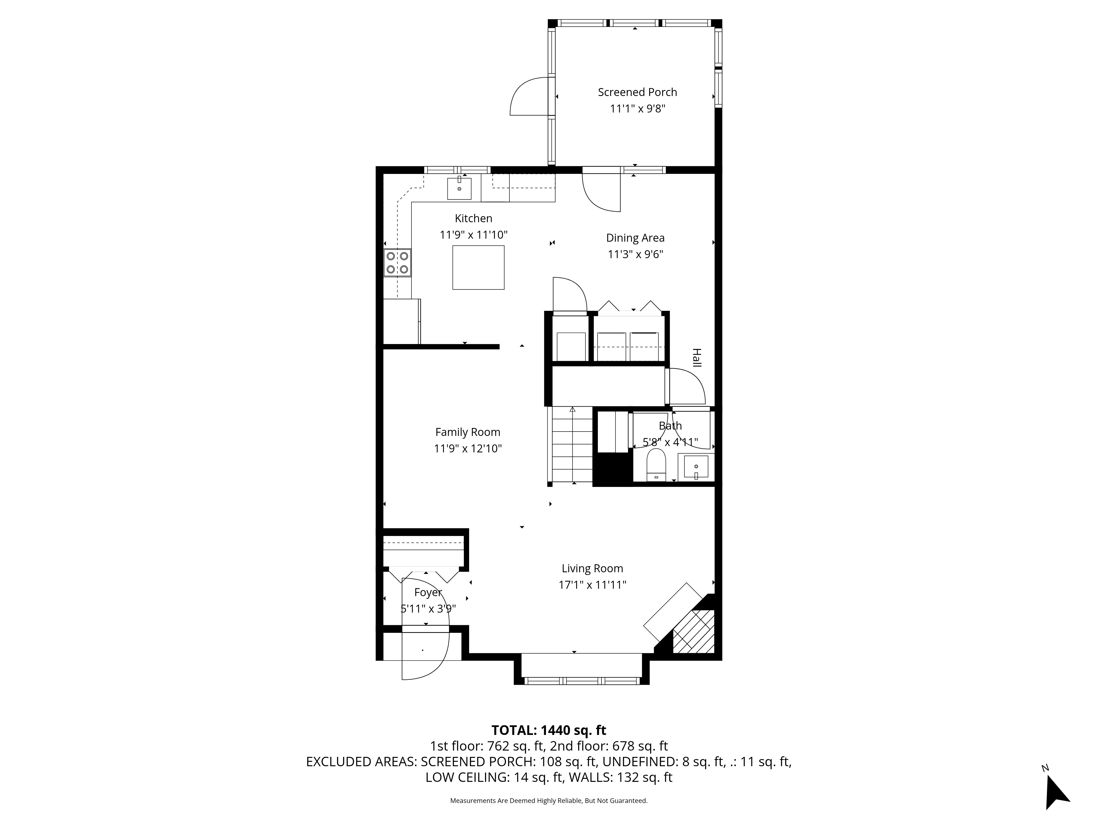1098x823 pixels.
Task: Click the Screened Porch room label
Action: [637, 92]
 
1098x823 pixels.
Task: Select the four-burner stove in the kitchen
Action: [397, 263]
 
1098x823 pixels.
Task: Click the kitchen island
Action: [478, 267]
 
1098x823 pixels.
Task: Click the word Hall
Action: [697, 358]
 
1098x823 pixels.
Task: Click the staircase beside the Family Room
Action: [572, 445]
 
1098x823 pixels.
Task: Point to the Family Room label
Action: [467, 432]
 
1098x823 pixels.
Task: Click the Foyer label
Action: [428, 592]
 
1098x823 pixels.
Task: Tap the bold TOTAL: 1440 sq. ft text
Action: [548, 730]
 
